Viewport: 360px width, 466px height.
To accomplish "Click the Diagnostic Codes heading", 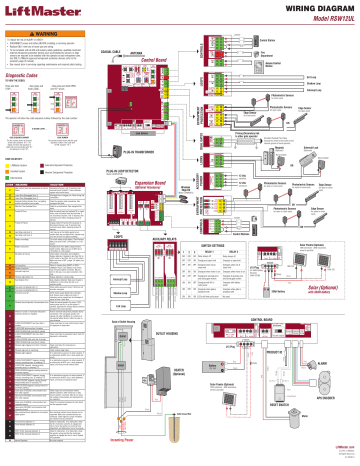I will pos(35,76).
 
